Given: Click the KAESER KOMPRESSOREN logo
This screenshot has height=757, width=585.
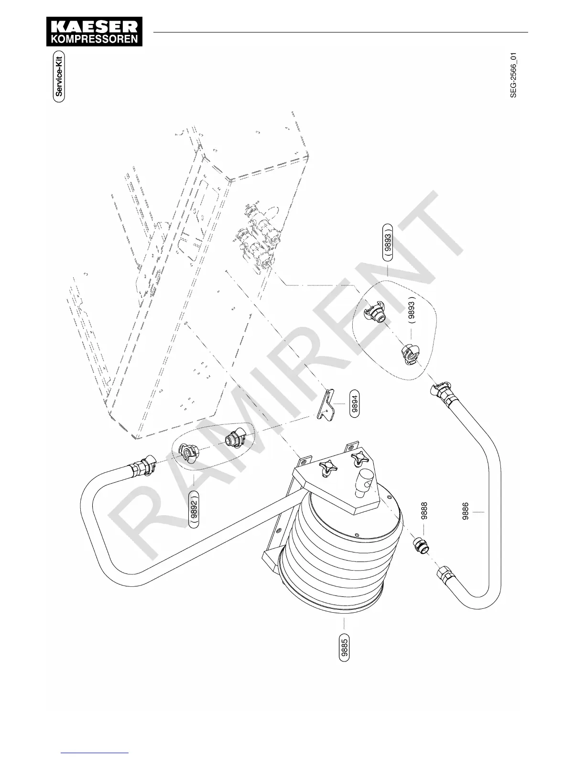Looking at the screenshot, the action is coord(94,32).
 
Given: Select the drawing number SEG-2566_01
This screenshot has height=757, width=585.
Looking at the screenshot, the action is coord(513,76).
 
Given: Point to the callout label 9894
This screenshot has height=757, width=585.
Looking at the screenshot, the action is coord(355,403).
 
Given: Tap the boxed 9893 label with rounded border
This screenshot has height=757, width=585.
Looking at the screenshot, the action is coord(388,242).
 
